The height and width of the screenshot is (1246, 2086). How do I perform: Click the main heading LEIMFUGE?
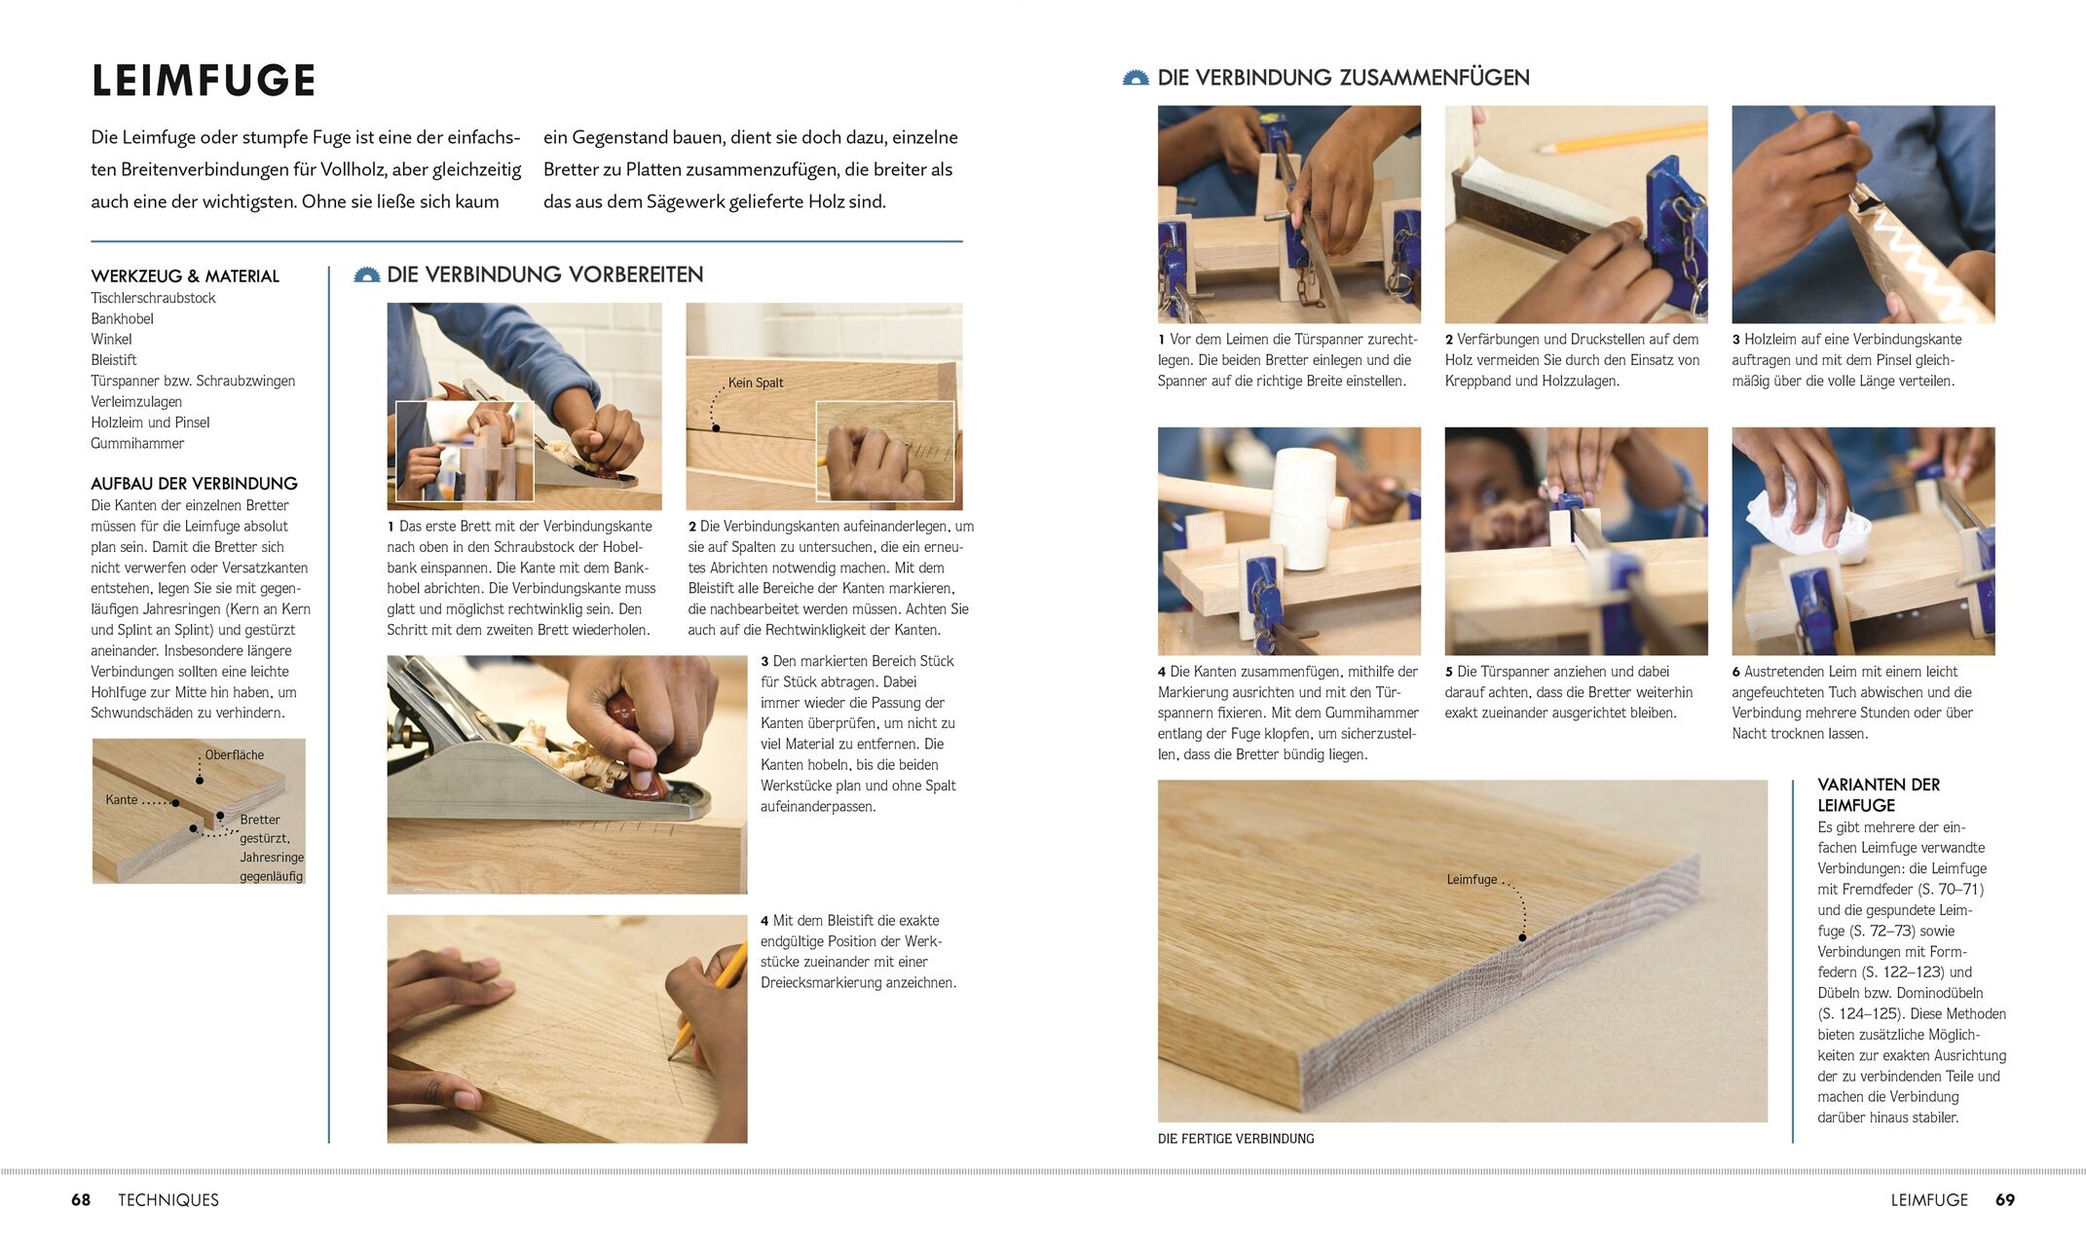point(204,81)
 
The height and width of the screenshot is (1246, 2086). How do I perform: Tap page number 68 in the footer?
point(81,1200)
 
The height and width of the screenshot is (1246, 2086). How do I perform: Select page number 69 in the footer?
point(2005,1200)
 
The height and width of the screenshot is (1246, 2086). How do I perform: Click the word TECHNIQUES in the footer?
point(168,1200)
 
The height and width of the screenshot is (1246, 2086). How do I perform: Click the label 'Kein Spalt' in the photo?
point(756,383)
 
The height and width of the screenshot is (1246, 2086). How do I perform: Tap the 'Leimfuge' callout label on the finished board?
point(1471,879)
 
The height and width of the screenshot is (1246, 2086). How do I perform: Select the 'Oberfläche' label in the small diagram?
point(234,754)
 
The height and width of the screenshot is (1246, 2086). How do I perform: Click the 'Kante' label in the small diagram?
point(122,799)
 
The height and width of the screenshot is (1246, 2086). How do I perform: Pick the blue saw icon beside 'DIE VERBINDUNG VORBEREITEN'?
point(367,275)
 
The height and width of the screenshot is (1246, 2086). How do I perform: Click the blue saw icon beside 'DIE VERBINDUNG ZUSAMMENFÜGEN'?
point(1136,78)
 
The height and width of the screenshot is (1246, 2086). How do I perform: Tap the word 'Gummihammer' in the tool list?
point(137,443)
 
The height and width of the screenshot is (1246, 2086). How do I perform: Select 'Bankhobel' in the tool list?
point(122,318)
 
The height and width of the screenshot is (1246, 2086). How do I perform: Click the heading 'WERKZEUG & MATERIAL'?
point(185,276)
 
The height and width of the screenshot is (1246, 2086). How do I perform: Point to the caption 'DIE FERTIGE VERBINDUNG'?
point(1236,1138)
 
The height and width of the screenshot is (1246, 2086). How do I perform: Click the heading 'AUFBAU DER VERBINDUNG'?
point(194,484)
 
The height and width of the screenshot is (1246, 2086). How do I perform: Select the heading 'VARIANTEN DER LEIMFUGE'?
point(1879,794)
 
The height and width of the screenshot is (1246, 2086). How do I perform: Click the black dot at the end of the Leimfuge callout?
point(1522,938)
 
